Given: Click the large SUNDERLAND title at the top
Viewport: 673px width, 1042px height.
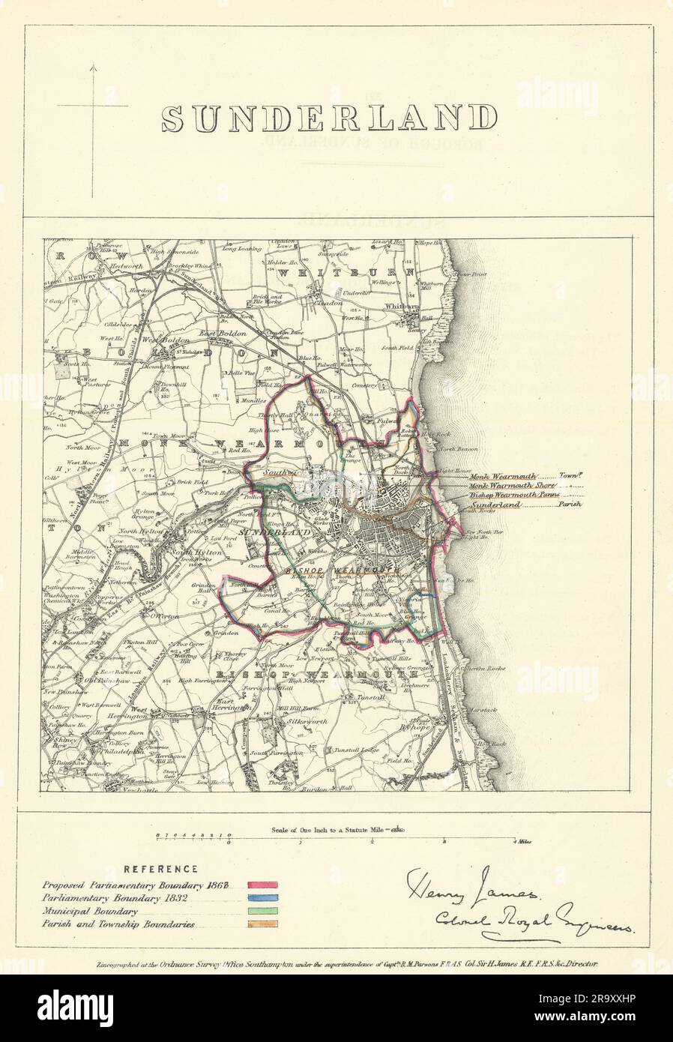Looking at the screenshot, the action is tap(330, 118).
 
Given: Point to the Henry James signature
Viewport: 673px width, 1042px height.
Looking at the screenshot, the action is tap(472, 890).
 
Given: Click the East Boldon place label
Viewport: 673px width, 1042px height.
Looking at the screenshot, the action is tap(217, 332).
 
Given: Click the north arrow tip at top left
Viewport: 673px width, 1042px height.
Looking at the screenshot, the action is tap(92, 66).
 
